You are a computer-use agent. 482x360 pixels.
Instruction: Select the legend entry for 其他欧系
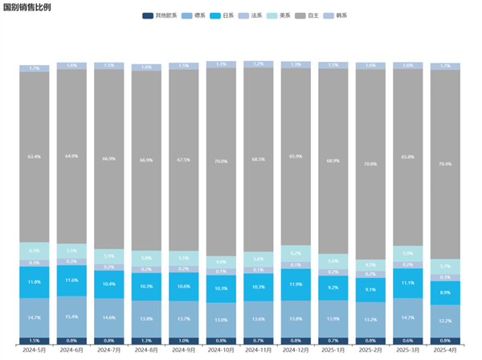click(162, 15)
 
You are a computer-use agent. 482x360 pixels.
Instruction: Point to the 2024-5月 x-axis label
click(35, 350)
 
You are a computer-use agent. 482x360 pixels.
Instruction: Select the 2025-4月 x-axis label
click(446, 350)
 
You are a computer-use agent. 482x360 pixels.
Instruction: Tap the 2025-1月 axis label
click(333, 350)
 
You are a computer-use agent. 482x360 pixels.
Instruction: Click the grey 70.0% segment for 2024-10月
click(222, 162)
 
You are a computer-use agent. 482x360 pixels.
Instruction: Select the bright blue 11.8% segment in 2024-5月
click(35, 282)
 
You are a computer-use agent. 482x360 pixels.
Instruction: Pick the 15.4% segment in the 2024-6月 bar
click(72, 317)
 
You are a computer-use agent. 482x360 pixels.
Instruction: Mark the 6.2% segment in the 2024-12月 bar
click(296, 253)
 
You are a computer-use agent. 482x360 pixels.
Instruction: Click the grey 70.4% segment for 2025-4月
click(446, 164)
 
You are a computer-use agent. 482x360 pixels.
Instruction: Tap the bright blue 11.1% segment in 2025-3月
click(408, 283)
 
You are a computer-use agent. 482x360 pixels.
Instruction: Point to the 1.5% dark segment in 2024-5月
click(35, 341)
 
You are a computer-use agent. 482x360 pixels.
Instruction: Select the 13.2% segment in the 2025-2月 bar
click(371, 320)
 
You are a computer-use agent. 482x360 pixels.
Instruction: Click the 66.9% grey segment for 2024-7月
click(109, 159)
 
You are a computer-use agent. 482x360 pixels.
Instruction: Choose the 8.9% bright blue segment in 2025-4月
click(446, 292)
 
